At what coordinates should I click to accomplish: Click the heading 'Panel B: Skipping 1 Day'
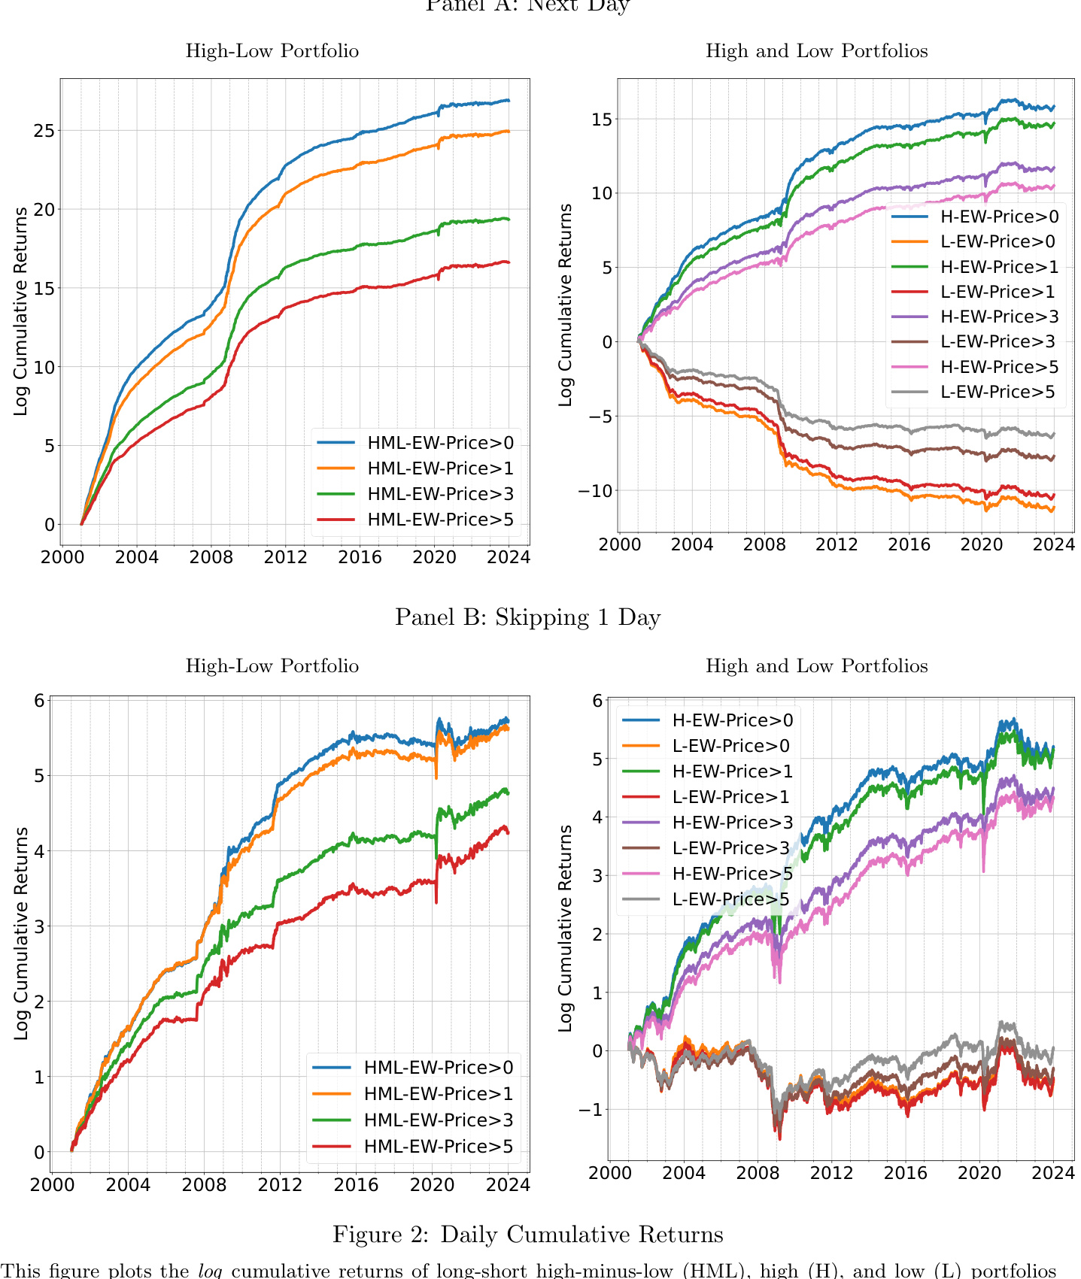527,617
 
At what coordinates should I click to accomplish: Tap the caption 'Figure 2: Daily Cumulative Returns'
527,1235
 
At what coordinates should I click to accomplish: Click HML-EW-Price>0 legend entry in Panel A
440,443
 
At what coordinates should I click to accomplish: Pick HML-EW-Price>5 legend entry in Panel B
438,1146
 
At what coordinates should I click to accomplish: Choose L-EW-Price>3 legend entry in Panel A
998,342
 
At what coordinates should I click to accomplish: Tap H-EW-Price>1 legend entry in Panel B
732,771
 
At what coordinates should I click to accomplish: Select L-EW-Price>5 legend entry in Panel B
730,899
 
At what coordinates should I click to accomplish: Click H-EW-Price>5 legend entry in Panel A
999,367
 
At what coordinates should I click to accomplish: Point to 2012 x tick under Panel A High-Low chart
285,557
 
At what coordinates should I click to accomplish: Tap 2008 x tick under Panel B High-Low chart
204,1185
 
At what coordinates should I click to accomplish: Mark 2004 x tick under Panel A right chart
691,544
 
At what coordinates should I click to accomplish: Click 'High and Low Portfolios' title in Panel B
816,666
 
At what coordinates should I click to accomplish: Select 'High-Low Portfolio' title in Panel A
272,51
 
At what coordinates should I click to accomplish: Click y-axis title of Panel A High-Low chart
20,311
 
